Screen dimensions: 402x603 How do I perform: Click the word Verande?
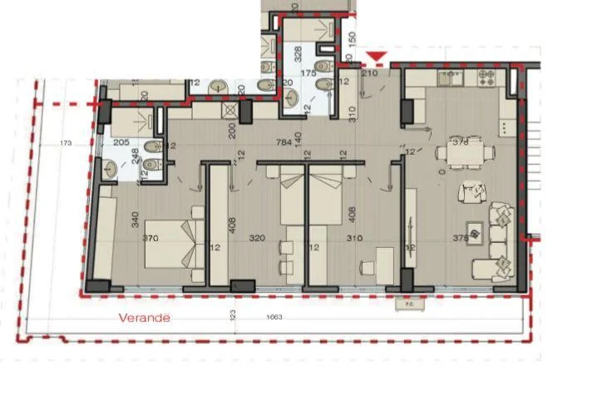click(x=144, y=317)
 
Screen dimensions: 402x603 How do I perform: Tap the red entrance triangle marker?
click(x=378, y=57)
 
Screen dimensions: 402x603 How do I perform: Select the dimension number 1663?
click(x=274, y=317)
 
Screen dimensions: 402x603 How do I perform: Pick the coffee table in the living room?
click(x=476, y=232)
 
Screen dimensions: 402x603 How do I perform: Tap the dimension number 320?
click(x=256, y=238)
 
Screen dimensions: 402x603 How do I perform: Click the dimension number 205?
click(x=121, y=142)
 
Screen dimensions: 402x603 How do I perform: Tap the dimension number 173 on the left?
click(x=67, y=143)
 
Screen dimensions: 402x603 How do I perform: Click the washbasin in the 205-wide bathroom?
click(x=111, y=169)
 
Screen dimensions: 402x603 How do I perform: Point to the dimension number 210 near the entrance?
click(x=370, y=74)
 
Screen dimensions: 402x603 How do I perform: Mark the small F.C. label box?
click(x=409, y=303)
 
